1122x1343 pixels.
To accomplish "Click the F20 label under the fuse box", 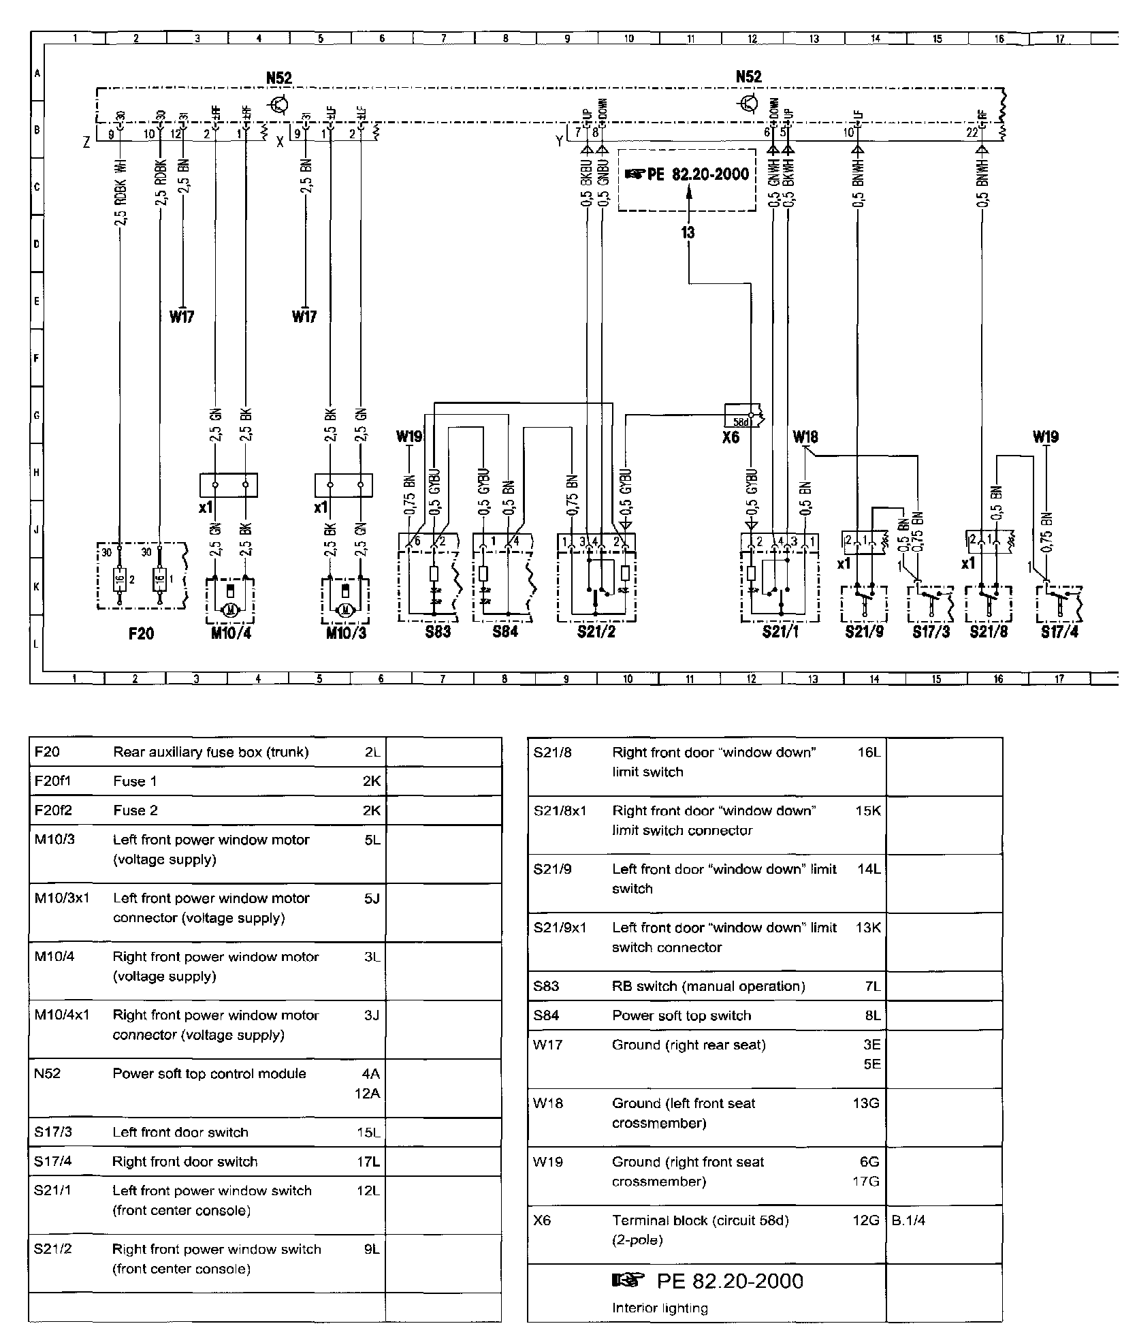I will coord(141,633).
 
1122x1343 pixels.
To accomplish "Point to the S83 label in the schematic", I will coord(438,631).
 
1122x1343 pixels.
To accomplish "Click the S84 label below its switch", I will coord(505,631).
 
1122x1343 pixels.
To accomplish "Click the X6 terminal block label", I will coord(731,437).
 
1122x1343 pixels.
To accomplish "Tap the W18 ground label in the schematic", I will coord(805,437).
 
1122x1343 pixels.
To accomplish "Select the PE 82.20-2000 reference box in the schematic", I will coord(687,179).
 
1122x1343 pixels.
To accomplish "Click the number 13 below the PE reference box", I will coord(688,233).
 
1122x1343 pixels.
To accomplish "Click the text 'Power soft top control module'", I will coord(209,1074).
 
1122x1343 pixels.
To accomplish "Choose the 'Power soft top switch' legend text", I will coord(682,1015).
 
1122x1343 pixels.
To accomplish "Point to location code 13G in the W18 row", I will coord(866,1103).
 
